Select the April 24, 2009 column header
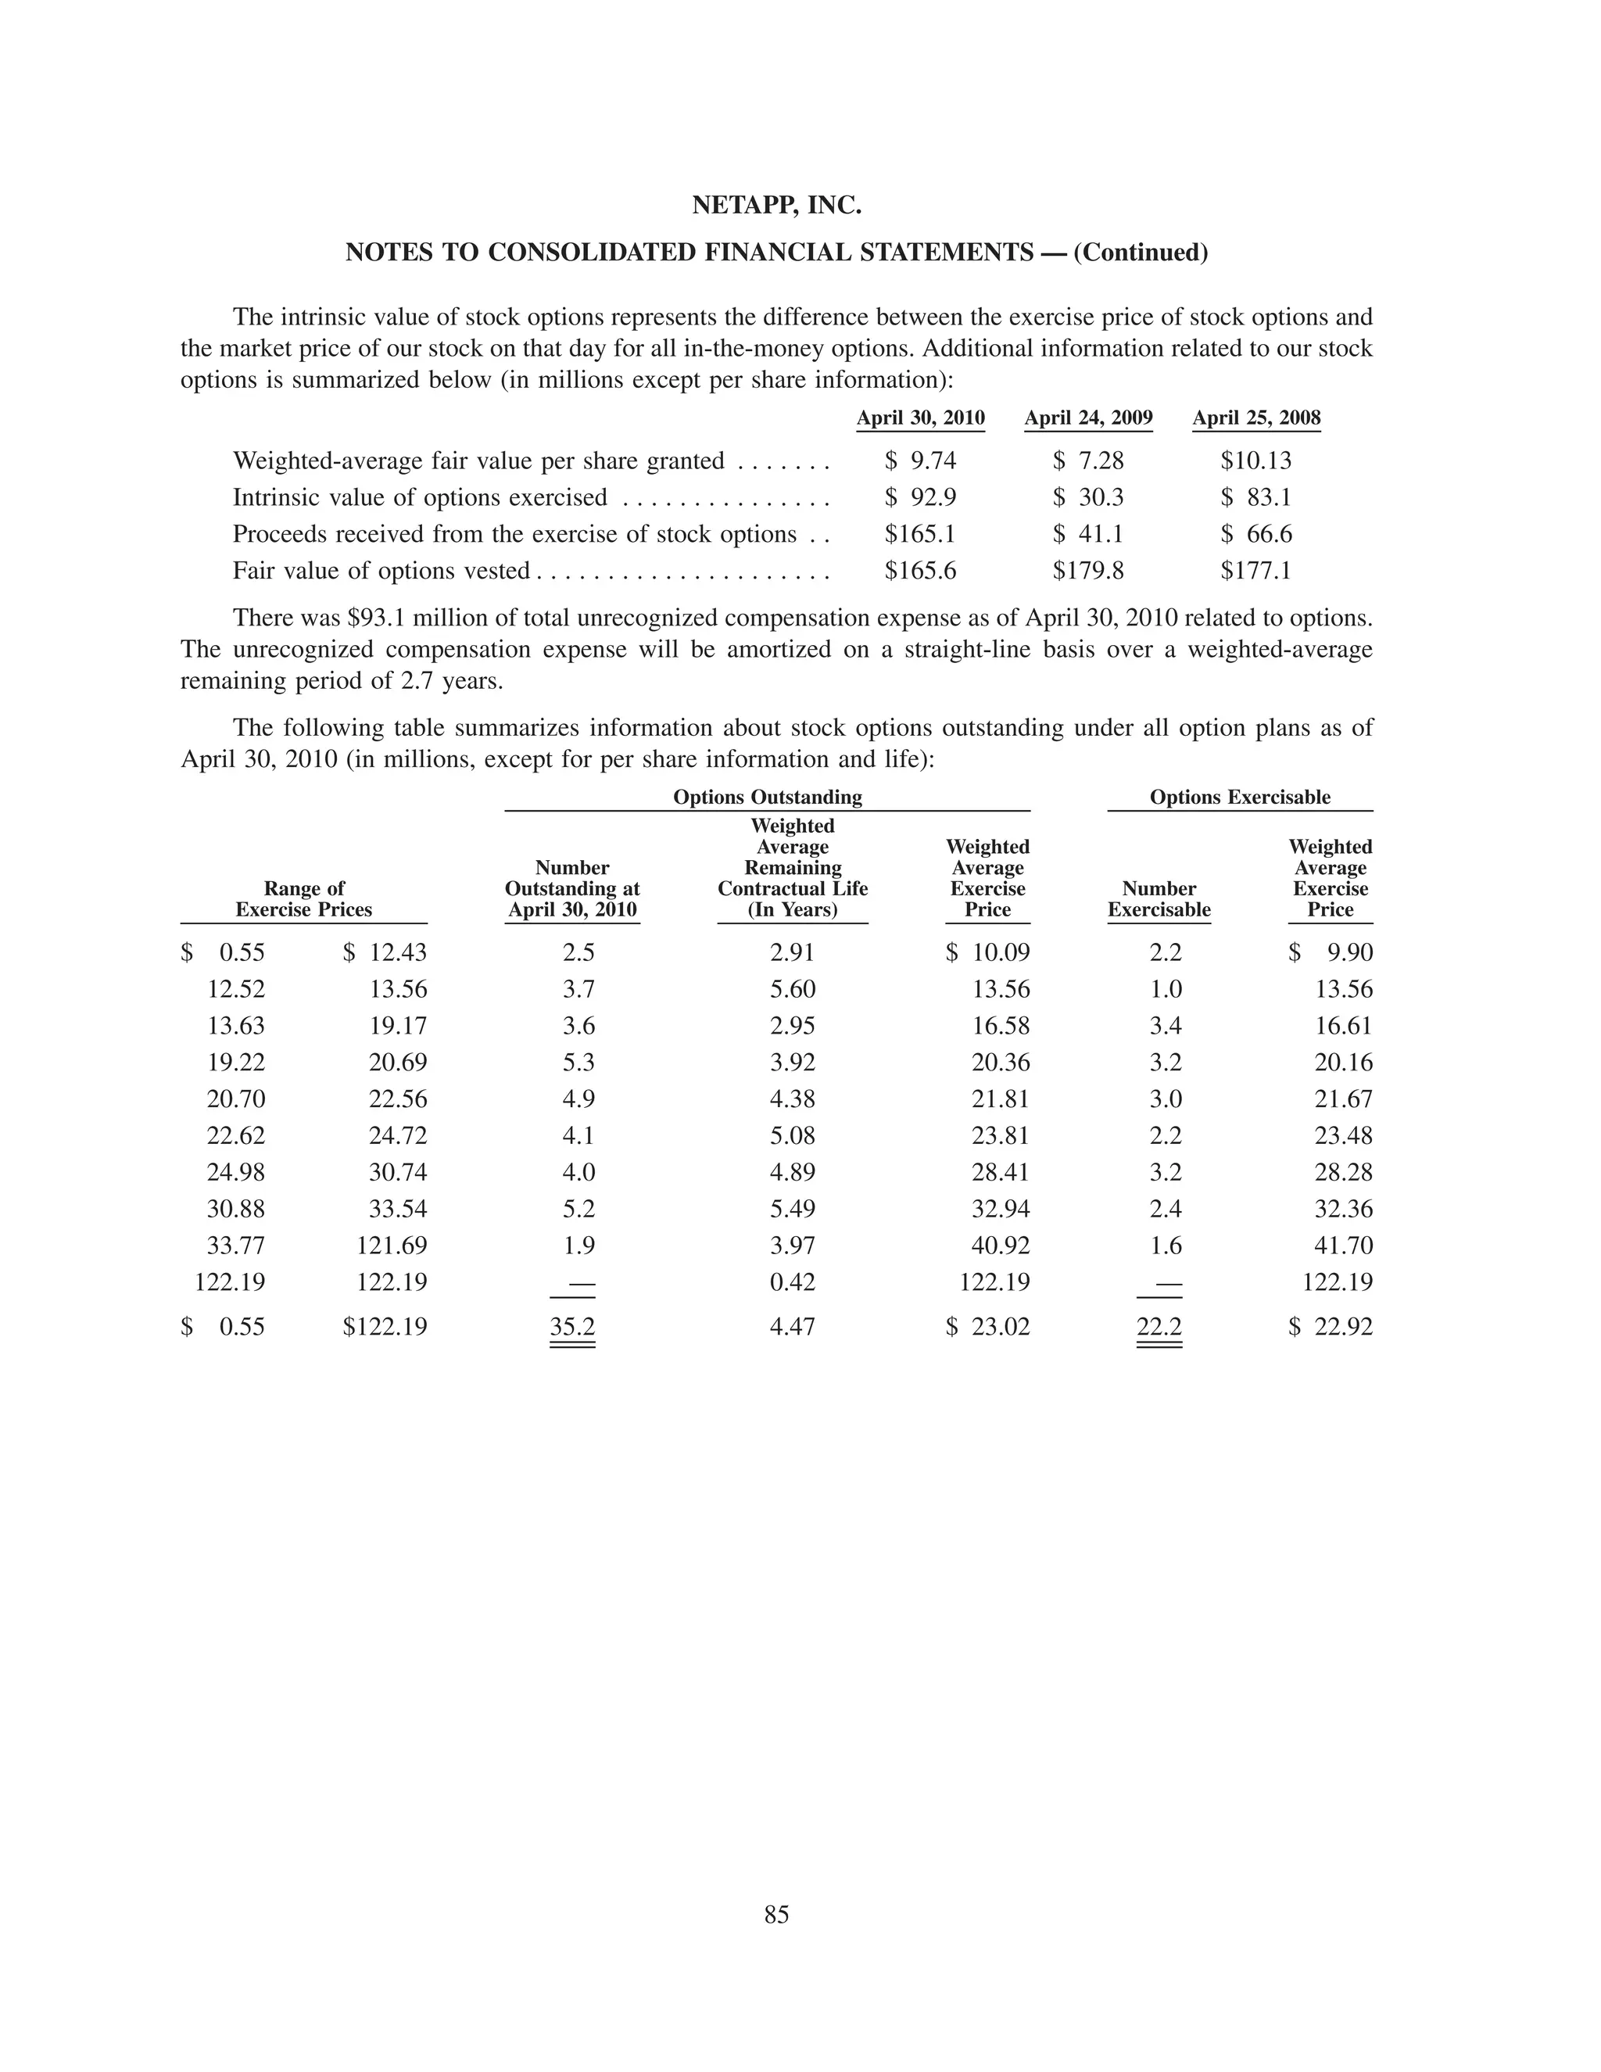pyautogui.click(x=1088, y=418)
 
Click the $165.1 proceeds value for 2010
pyautogui.click(x=919, y=534)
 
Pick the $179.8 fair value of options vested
pyautogui.click(x=1088, y=570)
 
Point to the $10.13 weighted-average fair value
pyautogui.click(x=1255, y=461)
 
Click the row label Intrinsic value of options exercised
pyautogui.click(x=420, y=498)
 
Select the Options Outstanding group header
pyautogui.click(x=768, y=797)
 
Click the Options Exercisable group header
pyautogui.click(x=1240, y=797)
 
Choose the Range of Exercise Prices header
pyautogui.click(x=303, y=899)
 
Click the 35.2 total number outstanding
pyautogui.click(x=572, y=1326)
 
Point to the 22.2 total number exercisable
pyautogui.click(x=1159, y=1326)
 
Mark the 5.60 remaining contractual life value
pyautogui.click(x=792, y=990)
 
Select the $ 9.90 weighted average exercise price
pyautogui.click(x=1331, y=952)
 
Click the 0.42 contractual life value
pyautogui.click(x=792, y=1282)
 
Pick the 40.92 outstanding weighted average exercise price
pyautogui.click(x=1000, y=1246)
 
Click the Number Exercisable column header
pyautogui.click(x=1159, y=899)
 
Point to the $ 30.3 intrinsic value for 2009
pyautogui.click(x=1088, y=498)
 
